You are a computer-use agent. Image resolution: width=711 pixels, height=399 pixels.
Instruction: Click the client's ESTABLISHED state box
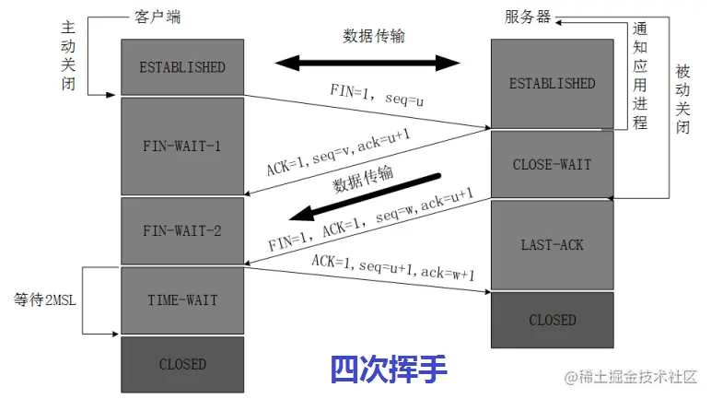[x=182, y=67]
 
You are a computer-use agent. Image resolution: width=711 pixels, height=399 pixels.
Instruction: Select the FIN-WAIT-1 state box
[x=182, y=146]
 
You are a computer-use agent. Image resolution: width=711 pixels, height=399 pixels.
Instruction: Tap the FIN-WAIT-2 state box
[x=182, y=230]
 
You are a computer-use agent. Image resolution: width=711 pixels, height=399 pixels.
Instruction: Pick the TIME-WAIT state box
[x=182, y=300]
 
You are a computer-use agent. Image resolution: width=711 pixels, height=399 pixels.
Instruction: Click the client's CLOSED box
[x=182, y=364]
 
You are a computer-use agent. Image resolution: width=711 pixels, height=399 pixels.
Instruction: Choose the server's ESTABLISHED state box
[x=552, y=84]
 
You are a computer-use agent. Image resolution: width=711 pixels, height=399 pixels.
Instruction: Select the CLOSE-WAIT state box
[x=552, y=165]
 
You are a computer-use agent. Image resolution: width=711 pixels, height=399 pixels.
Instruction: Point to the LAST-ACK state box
[x=552, y=245]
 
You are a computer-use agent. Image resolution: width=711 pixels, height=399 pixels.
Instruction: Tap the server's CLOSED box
[x=552, y=320]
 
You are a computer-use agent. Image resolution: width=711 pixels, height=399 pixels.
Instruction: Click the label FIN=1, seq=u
[x=376, y=93]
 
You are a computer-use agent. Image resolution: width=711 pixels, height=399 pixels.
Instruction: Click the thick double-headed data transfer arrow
[x=367, y=63]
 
